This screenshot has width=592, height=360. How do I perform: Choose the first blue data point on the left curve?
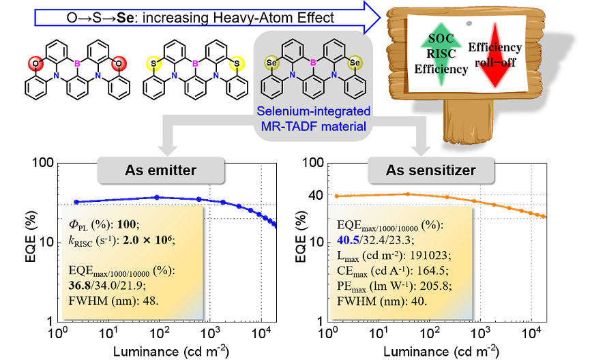pyautogui.click(x=76, y=202)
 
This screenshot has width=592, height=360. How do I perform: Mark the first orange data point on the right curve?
pyautogui.click(x=336, y=196)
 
